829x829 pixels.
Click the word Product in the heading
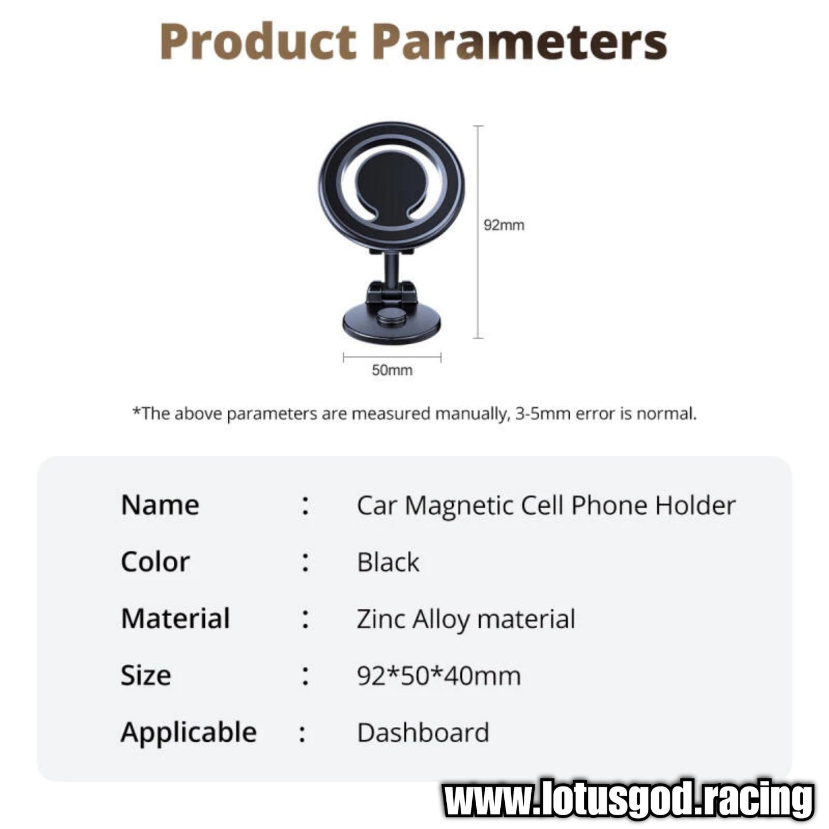click(258, 41)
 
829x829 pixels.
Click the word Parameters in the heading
click(520, 41)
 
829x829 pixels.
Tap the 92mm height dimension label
click(504, 225)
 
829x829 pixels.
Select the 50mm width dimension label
click(392, 370)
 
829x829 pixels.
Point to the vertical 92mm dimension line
click(478, 232)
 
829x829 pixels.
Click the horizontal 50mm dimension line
click(392, 357)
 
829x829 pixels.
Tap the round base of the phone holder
click(392, 322)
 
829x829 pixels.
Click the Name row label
click(160, 505)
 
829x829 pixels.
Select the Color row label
click(155, 562)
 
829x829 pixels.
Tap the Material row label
click(176, 618)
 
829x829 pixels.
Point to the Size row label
click(146, 675)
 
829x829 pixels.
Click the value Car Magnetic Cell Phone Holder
click(546, 505)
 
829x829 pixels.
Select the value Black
click(388, 562)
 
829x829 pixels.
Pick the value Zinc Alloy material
click(466, 620)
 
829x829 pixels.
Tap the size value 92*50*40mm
click(439, 675)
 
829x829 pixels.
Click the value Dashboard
click(423, 733)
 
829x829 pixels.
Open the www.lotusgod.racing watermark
click(628, 799)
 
